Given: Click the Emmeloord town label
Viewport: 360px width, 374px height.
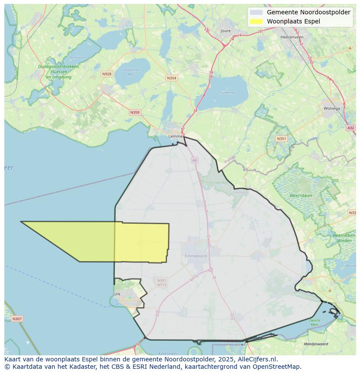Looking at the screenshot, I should tap(196, 256).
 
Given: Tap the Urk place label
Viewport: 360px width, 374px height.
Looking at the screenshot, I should tap(117, 294).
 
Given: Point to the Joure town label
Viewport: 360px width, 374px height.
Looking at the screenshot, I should tap(226, 31).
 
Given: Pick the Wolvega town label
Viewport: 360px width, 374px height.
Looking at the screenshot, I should tap(331, 109).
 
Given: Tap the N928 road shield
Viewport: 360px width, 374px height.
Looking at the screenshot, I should tap(107, 74).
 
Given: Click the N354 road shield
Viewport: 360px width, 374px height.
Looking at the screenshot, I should tap(172, 78).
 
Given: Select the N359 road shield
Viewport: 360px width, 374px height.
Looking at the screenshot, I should tap(135, 113).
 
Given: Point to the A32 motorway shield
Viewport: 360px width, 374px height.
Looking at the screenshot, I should tap(350, 128).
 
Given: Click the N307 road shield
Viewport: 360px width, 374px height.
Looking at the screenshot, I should tap(17, 319).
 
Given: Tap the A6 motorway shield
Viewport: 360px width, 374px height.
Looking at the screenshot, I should tap(194, 160).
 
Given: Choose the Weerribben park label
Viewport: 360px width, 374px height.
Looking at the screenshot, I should tap(301, 196).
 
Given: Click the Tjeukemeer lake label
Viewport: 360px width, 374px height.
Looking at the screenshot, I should tap(227, 93).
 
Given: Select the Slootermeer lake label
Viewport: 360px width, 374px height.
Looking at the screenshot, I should tap(131, 72).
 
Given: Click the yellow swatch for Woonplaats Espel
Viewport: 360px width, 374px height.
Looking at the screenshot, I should tap(257, 21).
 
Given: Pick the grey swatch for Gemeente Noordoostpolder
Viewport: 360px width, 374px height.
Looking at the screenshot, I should tap(257, 12).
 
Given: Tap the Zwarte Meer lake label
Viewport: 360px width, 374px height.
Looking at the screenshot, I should tap(314, 322).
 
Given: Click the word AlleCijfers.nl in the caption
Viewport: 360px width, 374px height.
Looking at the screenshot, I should tap(253, 360).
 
